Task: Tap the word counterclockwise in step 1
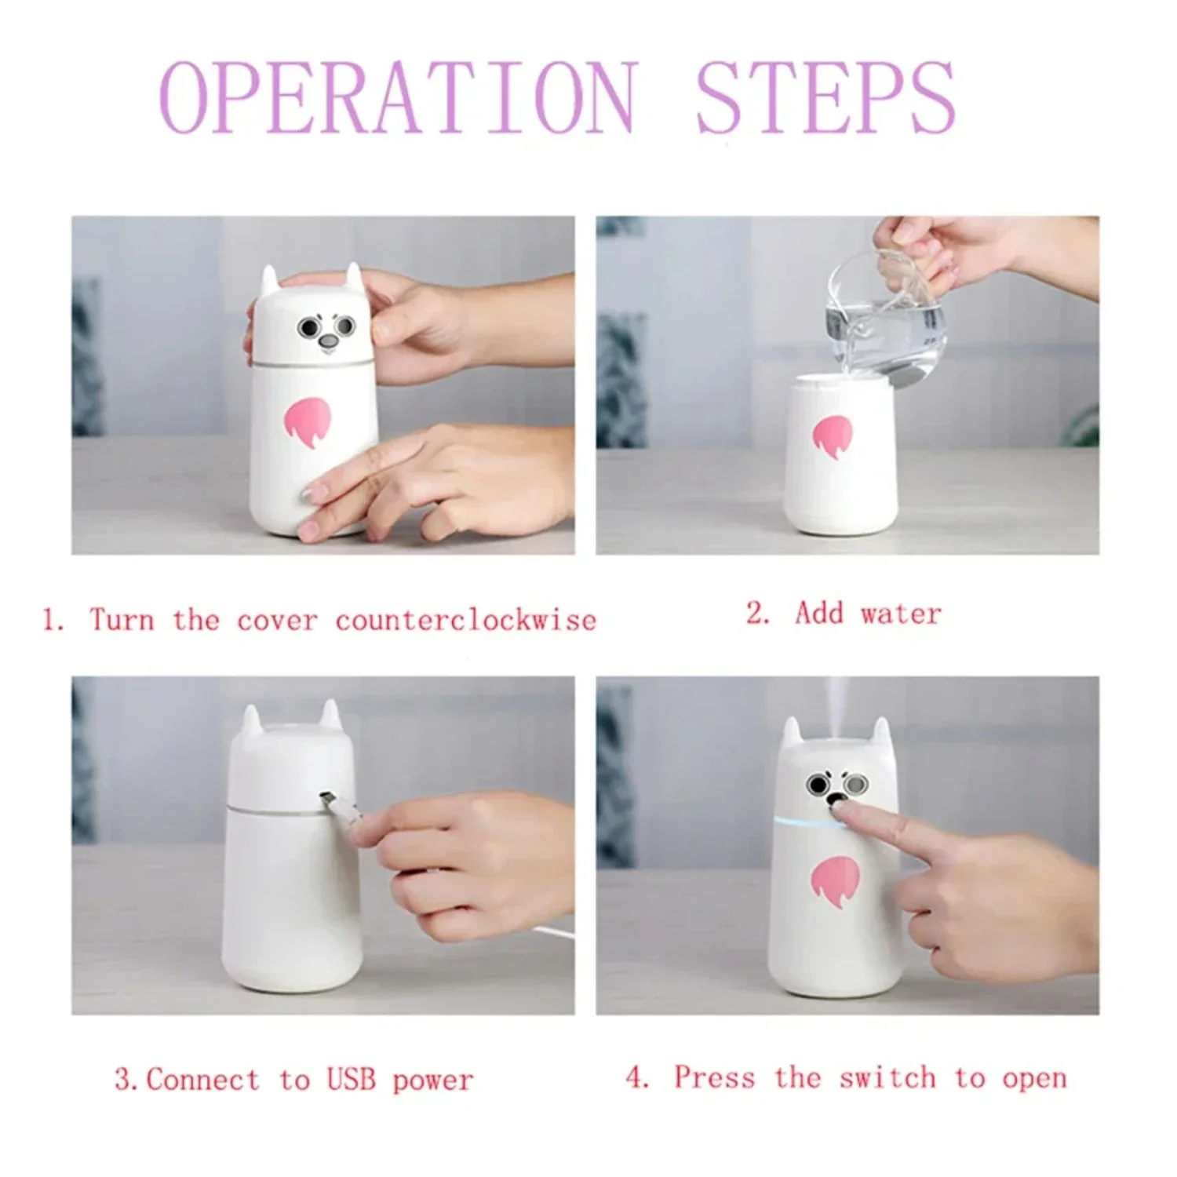point(466,621)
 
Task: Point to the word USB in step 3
point(352,1080)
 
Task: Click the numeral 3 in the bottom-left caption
point(123,1080)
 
